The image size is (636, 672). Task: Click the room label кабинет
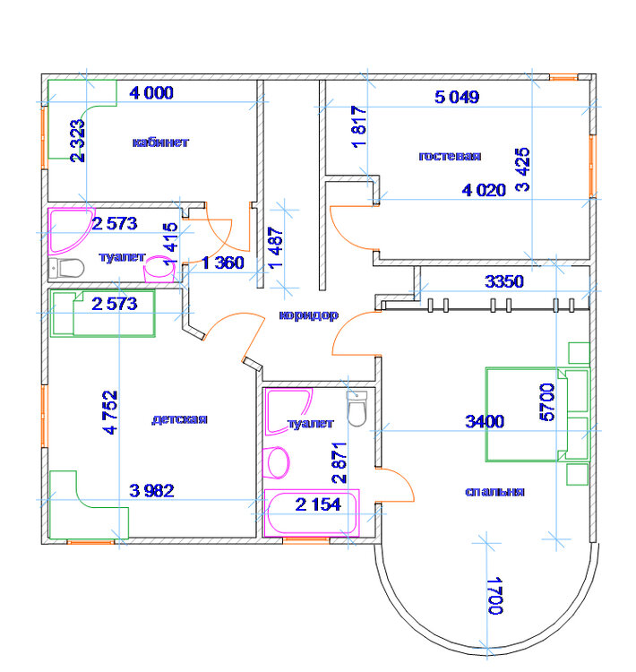(x=160, y=142)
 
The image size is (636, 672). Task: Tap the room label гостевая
(x=450, y=156)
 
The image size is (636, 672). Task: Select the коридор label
(x=308, y=315)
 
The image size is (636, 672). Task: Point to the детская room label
(x=179, y=419)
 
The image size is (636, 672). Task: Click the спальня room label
(x=494, y=492)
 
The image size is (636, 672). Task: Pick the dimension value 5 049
(x=457, y=97)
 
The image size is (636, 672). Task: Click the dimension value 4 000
(x=151, y=93)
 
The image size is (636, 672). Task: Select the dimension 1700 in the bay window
(x=495, y=596)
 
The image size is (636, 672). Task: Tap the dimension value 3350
(x=504, y=281)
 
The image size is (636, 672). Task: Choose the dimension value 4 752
(x=110, y=412)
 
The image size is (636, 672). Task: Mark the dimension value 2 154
(x=318, y=504)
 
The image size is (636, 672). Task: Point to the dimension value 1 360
(x=222, y=263)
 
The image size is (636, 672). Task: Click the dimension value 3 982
(x=151, y=491)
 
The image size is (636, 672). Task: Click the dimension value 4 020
(x=484, y=190)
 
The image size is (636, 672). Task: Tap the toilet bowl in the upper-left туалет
(x=66, y=269)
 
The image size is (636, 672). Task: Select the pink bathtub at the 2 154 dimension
(x=312, y=513)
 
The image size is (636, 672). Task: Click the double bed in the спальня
(x=537, y=415)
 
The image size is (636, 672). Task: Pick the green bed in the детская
(x=102, y=314)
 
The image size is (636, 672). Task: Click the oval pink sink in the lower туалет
(x=278, y=463)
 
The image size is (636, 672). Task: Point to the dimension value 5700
(x=546, y=402)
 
